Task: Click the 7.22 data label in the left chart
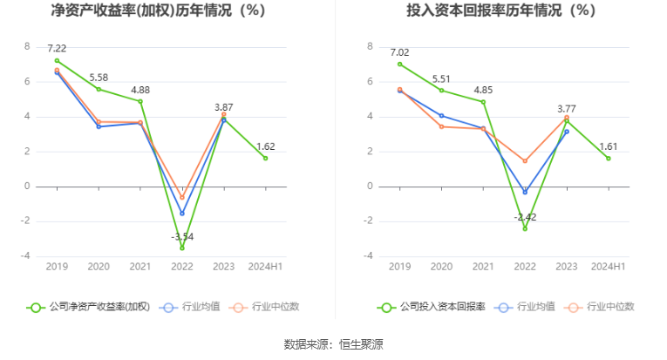tap(57, 49)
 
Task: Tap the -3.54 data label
tap(182, 236)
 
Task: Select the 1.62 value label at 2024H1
tap(266, 146)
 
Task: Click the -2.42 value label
tap(525, 216)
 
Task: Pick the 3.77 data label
tap(566, 109)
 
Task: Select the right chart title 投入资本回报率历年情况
tap(500, 11)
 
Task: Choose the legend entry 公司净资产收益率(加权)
tap(89, 307)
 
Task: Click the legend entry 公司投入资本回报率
tap(432, 307)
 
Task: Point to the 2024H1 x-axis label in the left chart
tap(266, 267)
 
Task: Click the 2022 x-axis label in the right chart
tap(525, 267)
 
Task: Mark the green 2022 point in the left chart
tap(182, 248)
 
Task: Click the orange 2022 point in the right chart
tap(525, 160)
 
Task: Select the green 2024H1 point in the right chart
tap(609, 158)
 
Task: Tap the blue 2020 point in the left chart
tap(99, 126)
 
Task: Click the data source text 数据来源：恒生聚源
tap(334, 343)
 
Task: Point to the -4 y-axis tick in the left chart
tap(26, 256)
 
